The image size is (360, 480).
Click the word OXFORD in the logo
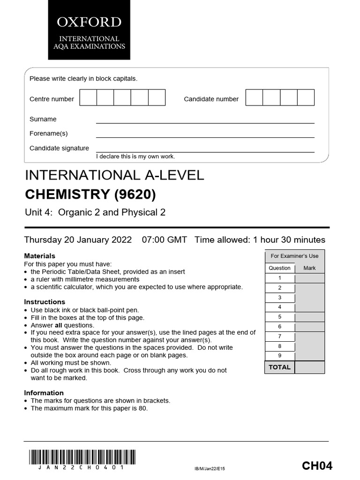[89, 22]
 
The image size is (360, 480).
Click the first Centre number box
[88, 97]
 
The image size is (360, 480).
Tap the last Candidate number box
[306, 97]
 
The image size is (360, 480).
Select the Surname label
[43, 119]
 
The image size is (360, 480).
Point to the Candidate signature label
[59, 148]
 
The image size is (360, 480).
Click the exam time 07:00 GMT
[164, 240]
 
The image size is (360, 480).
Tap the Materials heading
[39, 256]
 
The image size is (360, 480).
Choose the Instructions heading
[45, 302]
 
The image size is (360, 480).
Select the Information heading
[44, 393]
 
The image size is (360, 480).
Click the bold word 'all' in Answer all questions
[59, 325]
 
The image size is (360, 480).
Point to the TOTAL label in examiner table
[279, 367]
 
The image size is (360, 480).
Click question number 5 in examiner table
[280, 317]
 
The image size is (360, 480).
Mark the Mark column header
[309, 268]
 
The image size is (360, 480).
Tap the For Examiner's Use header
[294, 256]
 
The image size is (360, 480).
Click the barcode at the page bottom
[82, 457]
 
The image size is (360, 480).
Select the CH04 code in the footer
[317, 465]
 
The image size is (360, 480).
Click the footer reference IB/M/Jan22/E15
[212, 468]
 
